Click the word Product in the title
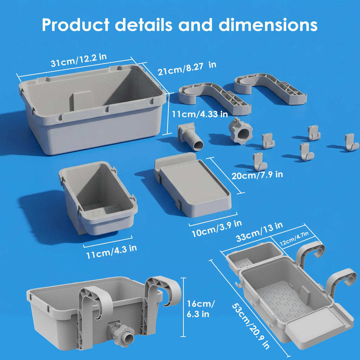coord(76,25)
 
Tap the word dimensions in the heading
coord(268,25)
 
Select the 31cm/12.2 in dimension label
coord(79,60)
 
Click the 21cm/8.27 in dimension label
coord(187,68)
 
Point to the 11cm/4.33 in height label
coord(200,114)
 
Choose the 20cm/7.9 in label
coord(257,175)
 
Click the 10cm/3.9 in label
coord(217,229)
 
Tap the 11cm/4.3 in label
coord(111,251)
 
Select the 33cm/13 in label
coord(259,232)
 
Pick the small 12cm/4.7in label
coord(294,239)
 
